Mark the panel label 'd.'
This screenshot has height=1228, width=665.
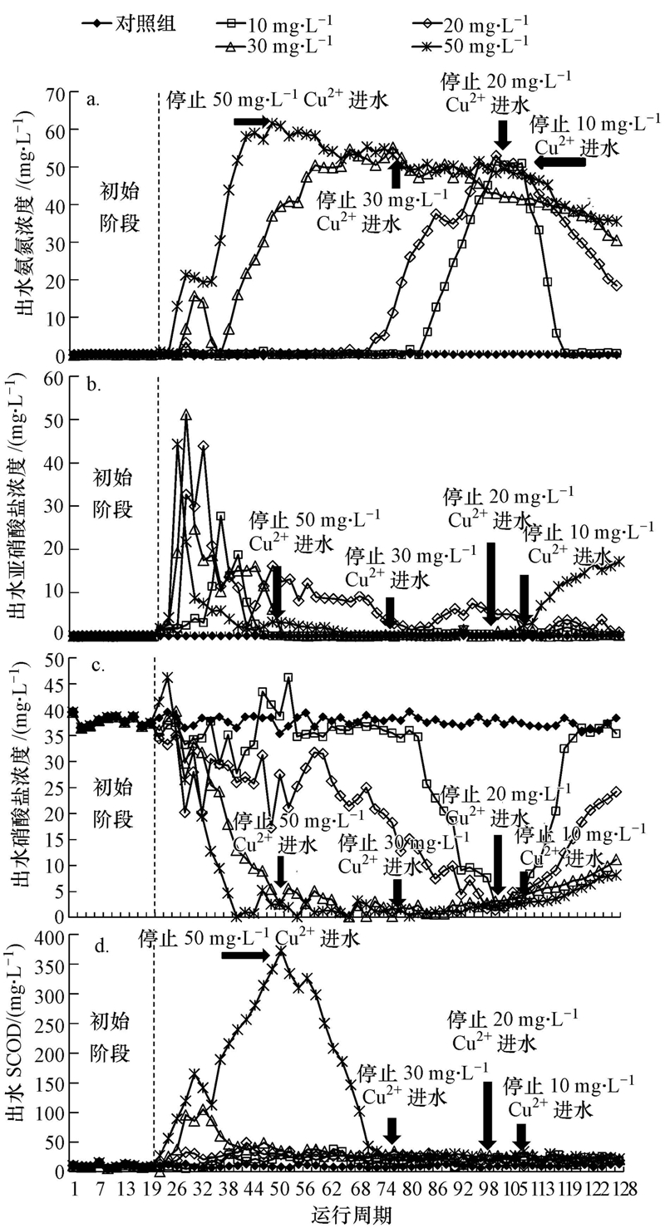pyautogui.click(x=92, y=942)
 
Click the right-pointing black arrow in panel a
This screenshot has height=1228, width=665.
pyautogui.click(x=252, y=122)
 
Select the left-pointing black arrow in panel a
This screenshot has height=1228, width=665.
pyautogui.click(x=559, y=163)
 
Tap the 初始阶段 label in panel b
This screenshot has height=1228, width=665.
pyautogui.click(x=114, y=494)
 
